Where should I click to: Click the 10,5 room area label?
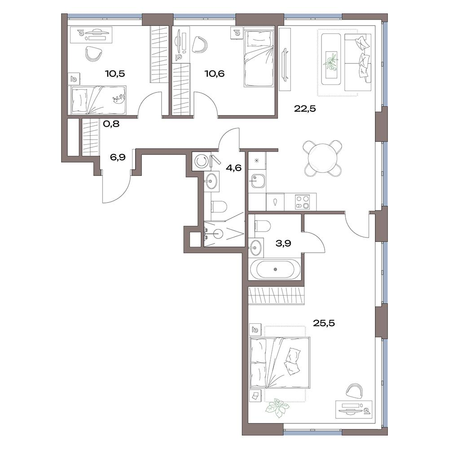(x=115, y=74)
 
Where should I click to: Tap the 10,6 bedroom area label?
(x=215, y=74)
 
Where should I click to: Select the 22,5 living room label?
(x=305, y=109)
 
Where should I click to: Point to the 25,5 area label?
(x=324, y=323)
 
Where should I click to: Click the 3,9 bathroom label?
(x=283, y=243)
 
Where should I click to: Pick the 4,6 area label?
(x=233, y=168)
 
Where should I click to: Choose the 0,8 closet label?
(x=111, y=124)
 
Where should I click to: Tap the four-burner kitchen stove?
(x=303, y=202)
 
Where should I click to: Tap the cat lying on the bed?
(x=120, y=98)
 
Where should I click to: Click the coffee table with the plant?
(x=331, y=59)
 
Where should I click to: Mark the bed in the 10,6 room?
(x=259, y=57)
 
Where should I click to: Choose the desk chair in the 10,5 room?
(x=94, y=53)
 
